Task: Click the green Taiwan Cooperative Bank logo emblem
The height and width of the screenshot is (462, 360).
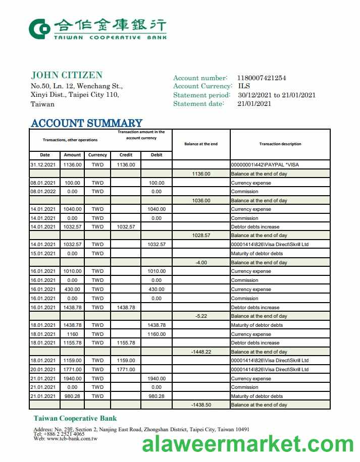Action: [x=39, y=29]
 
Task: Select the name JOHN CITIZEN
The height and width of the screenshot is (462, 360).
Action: [x=67, y=75]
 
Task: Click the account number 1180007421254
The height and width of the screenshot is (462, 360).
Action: [x=262, y=78]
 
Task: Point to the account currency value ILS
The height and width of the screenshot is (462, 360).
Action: [x=244, y=86]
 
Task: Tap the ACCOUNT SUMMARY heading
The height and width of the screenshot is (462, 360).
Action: [x=86, y=123]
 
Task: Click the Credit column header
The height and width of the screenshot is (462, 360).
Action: [x=126, y=155]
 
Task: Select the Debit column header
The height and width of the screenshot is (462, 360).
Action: [x=157, y=155]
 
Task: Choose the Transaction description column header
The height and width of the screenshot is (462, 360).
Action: [x=280, y=144]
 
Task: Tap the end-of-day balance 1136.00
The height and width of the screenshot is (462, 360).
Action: [x=201, y=174]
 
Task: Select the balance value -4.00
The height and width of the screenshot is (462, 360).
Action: [x=201, y=262]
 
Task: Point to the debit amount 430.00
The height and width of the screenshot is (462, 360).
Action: [x=157, y=289]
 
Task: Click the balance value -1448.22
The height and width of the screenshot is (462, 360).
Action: [x=201, y=352]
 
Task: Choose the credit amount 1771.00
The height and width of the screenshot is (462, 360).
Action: [x=126, y=369]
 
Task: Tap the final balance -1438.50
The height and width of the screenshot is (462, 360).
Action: [x=201, y=405]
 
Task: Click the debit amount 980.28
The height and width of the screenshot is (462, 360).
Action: [x=157, y=396]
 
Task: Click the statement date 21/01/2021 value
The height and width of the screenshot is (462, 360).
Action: [x=254, y=104]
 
